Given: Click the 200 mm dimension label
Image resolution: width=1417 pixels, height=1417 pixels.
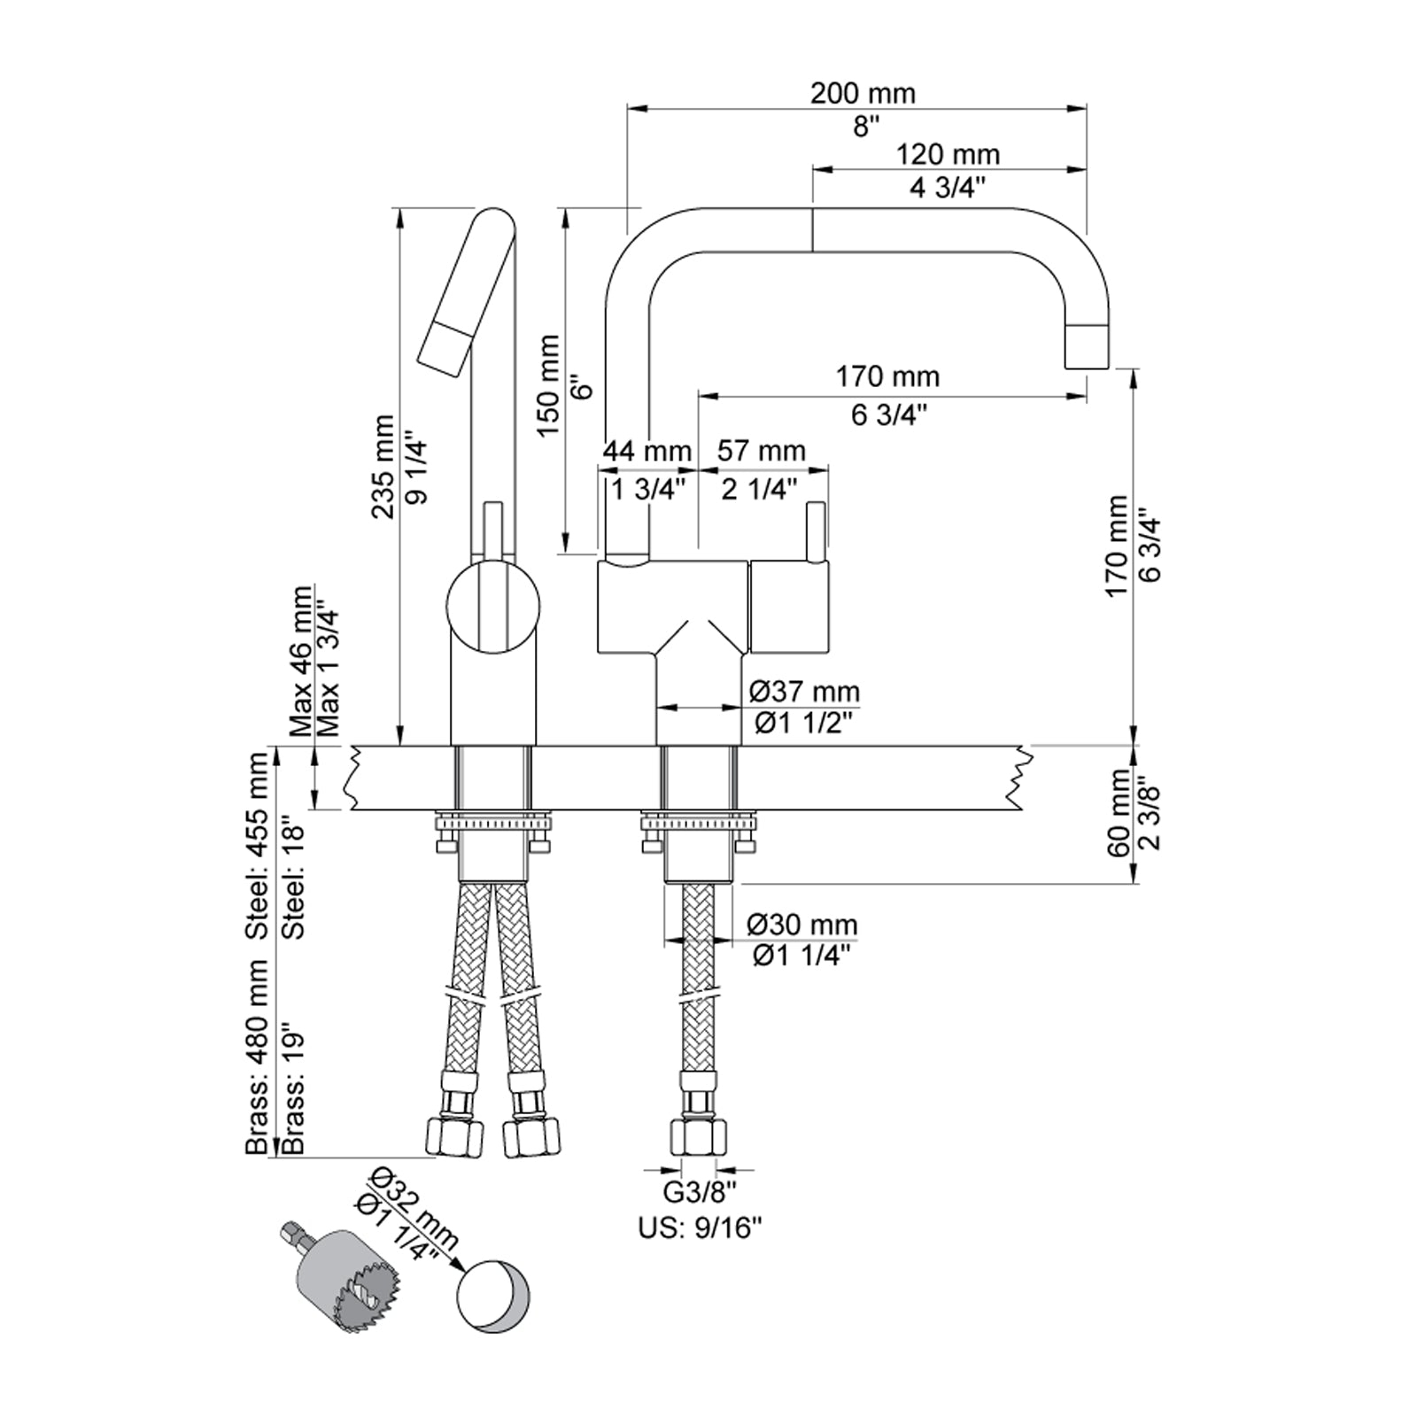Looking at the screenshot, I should click(863, 93).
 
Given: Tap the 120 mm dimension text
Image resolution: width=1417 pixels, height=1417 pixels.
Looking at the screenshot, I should click(948, 155).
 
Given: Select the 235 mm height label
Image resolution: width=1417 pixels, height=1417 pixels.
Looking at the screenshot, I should click(383, 467).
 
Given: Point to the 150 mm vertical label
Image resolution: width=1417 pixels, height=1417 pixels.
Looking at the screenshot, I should click(548, 386).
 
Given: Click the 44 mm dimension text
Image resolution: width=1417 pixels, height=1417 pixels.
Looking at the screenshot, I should click(647, 452).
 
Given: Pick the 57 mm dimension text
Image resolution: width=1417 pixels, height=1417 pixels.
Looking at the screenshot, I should click(761, 452).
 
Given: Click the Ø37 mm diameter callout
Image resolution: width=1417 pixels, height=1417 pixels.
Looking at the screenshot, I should click(803, 691).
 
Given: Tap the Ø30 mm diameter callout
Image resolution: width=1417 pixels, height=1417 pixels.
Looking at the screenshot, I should click(802, 925).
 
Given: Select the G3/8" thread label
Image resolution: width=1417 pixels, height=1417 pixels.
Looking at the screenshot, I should click(700, 1193).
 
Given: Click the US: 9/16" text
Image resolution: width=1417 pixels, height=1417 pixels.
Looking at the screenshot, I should click(700, 1228).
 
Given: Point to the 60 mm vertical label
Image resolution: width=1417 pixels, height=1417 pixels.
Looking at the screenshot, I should click(1118, 813).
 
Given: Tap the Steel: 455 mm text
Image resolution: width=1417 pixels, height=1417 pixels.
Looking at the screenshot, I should click(258, 846).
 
